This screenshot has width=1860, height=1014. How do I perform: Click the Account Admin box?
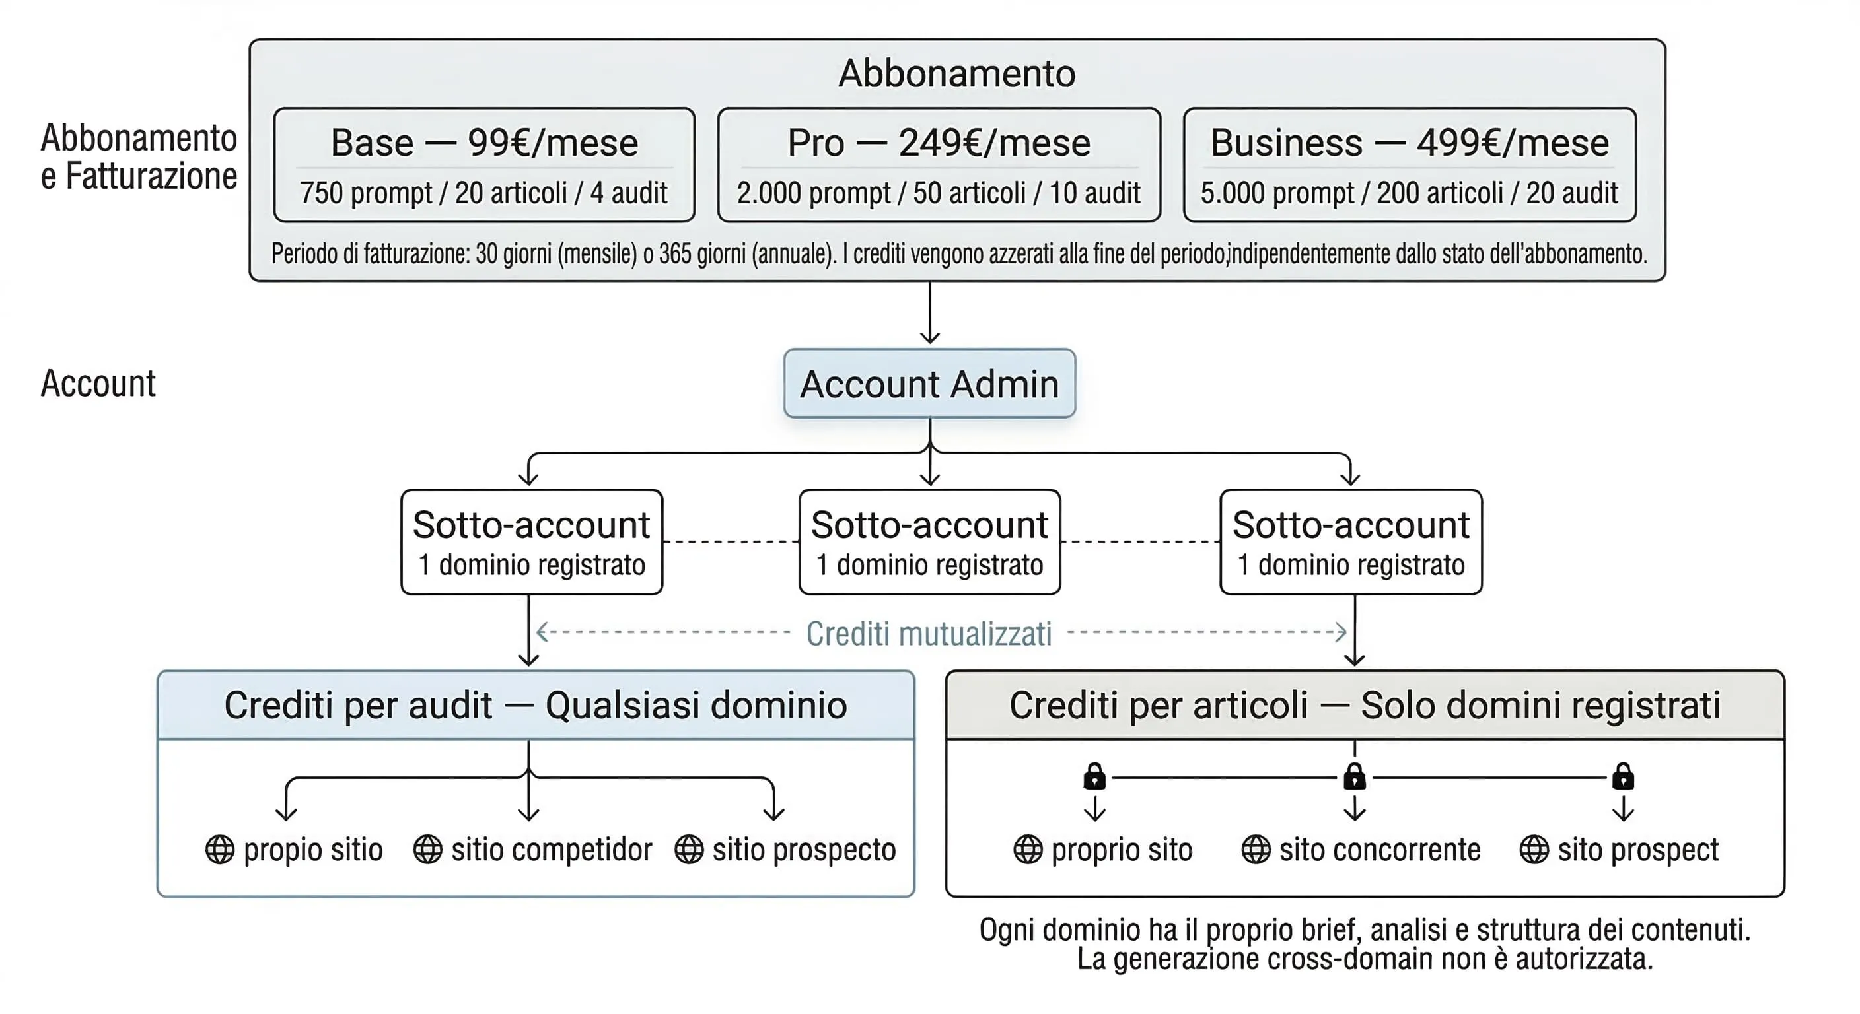pos(929,384)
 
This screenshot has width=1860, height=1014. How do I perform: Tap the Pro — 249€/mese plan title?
pos(939,142)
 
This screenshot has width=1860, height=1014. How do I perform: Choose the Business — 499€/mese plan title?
pos(1410,142)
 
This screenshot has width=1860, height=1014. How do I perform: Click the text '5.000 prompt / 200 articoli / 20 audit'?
pos(1409,193)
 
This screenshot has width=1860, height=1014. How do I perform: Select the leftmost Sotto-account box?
pos(532,542)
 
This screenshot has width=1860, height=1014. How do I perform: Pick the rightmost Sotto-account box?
pos(1351,542)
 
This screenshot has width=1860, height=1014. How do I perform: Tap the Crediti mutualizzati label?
pos(929,634)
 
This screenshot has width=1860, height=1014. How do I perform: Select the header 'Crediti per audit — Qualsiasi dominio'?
pos(535,705)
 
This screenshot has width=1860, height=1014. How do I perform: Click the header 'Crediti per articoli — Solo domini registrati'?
pos(1365,705)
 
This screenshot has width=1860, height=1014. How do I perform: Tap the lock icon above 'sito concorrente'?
pos(1355,776)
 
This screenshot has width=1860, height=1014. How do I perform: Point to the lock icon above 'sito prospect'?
pos(1623,776)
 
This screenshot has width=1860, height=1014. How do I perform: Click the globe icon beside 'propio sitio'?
pos(219,850)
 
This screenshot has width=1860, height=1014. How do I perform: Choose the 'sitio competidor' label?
pos(552,850)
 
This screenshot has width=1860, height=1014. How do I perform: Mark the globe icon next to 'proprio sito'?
pos(1028,850)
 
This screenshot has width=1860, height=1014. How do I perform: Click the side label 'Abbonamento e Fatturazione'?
pos(139,156)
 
